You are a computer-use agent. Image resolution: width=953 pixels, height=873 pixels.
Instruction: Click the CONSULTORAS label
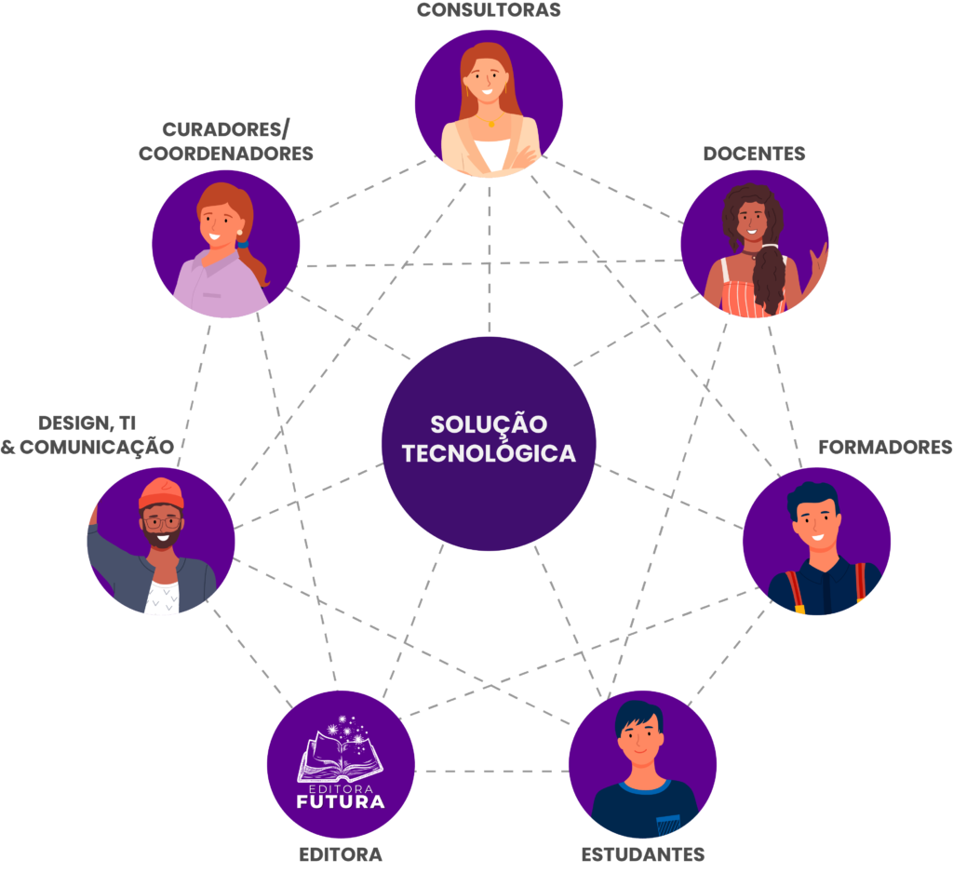[489, 10]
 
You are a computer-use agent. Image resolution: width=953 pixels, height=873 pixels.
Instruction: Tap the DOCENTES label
[754, 154]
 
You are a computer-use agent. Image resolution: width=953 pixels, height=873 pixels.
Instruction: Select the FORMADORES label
[885, 447]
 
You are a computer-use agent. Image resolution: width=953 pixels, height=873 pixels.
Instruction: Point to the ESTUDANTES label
[642, 854]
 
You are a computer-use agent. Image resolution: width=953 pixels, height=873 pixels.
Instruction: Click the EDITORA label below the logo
[341, 854]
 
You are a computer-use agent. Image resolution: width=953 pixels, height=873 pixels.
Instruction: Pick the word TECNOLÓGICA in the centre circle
[489, 453]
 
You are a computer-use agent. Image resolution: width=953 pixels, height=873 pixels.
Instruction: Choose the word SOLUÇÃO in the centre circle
[489, 424]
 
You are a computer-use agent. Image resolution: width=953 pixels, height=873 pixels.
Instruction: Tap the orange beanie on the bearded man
[160, 492]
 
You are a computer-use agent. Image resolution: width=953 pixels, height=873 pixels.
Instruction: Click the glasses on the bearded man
[162, 522]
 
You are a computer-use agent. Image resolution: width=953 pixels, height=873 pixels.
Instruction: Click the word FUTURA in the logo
[341, 800]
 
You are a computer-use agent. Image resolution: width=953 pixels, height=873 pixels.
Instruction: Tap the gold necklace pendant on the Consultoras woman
[490, 123]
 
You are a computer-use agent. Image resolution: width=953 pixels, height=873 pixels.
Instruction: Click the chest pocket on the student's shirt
[667, 825]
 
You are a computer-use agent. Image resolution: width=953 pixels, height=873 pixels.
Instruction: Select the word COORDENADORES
[226, 154]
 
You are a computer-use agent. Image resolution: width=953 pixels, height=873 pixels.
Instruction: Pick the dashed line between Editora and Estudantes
[491, 771]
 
